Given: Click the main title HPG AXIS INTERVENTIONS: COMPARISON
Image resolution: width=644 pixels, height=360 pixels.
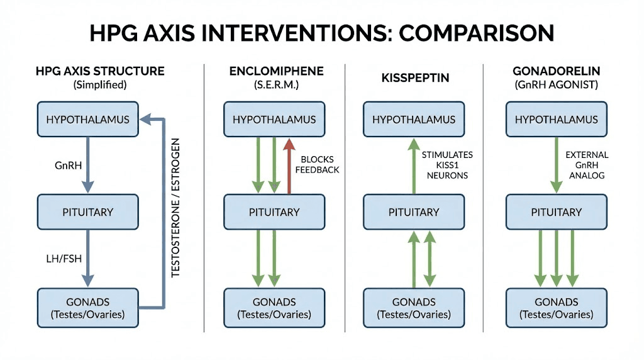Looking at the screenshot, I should [x=321, y=33].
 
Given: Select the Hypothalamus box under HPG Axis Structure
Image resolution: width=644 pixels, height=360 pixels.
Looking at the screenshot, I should [x=87, y=120].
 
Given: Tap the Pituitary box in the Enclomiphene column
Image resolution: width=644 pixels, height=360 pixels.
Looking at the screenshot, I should [x=275, y=211].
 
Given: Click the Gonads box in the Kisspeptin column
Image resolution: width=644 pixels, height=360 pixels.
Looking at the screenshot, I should [x=414, y=308].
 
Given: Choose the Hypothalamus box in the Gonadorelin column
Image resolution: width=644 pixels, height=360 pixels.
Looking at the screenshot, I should [x=557, y=120].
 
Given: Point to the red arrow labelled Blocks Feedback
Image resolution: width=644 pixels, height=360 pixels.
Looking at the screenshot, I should [x=290, y=165].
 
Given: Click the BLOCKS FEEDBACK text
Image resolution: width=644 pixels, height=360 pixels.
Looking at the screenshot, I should [x=321, y=165].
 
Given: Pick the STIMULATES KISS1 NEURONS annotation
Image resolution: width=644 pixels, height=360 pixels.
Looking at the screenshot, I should [x=447, y=165].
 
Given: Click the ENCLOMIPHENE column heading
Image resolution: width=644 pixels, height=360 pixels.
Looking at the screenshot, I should [x=274, y=71].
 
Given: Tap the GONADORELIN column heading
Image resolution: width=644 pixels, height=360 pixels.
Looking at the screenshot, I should [x=557, y=71].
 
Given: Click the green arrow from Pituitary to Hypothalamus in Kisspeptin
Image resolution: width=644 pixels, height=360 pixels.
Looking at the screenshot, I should [x=414, y=165].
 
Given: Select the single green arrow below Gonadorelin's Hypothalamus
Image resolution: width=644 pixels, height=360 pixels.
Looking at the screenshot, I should [x=557, y=165].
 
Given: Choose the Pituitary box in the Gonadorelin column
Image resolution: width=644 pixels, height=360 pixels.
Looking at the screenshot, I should [x=557, y=211].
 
